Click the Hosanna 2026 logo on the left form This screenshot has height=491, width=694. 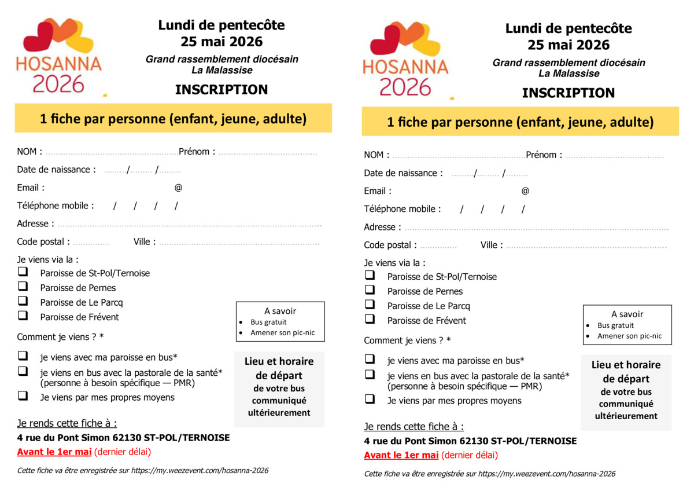[x=58, y=56]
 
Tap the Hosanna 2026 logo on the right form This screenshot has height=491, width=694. [x=405, y=60]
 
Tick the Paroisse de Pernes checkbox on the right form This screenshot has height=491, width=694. [x=370, y=290]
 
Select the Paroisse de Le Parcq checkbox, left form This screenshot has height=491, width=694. [x=23, y=301]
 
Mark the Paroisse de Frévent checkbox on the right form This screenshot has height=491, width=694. [x=370, y=319]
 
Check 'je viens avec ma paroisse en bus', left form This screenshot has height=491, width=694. [x=23, y=356]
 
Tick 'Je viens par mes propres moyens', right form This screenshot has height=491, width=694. [x=370, y=400]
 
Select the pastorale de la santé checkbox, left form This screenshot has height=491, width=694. [x=23, y=371]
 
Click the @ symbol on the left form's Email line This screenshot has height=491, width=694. [x=178, y=188]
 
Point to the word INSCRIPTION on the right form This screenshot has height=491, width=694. [x=568, y=93]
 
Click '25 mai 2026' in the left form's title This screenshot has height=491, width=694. [x=221, y=42]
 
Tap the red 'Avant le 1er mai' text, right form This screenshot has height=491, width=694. [x=401, y=455]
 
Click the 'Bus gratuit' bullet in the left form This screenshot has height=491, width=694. [x=268, y=322]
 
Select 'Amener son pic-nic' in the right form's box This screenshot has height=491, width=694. [x=629, y=336]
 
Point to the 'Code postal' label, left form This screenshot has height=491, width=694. [x=43, y=242]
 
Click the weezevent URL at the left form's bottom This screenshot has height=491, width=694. [x=200, y=471]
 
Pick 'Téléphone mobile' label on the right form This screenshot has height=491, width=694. [x=402, y=209]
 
